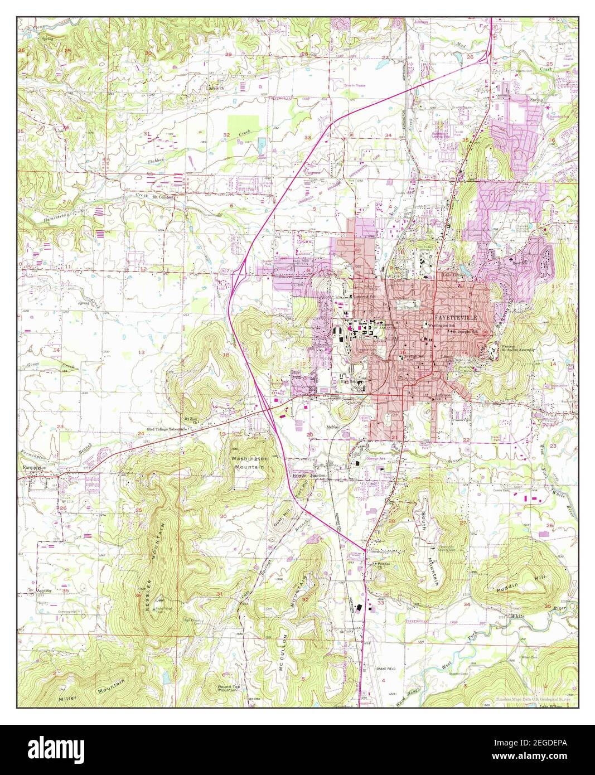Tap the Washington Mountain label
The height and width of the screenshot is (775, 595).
pyautogui.click(x=249, y=462)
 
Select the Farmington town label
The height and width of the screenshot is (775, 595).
pyautogui.click(x=34, y=468)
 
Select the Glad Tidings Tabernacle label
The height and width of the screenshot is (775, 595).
pyautogui.click(x=167, y=429)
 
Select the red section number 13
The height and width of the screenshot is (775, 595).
pyautogui.click(x=141, y=352)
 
